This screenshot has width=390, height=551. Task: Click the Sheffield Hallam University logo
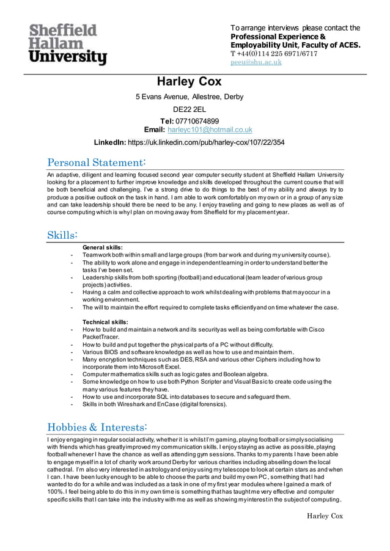(67, 44)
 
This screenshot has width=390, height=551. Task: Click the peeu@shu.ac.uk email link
(256, 62)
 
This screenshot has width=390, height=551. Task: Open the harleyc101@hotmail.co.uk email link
(210, 130)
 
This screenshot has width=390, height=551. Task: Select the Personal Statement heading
(97, 162)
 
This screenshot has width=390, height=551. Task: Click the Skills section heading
(62, 235)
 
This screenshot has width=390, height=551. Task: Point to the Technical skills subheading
(105, 322)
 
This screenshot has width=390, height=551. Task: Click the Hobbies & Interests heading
(97, 426)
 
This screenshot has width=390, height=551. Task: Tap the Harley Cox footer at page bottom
(325, 516)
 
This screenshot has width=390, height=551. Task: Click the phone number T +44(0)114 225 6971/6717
(273, 54)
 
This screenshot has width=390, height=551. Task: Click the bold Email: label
(153, 130)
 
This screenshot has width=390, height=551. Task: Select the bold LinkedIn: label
(109, 142)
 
